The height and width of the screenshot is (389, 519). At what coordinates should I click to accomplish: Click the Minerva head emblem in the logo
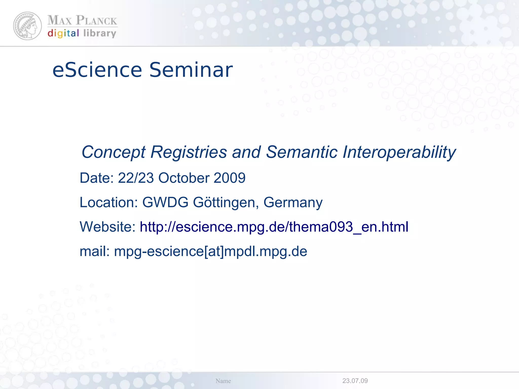point(27,26)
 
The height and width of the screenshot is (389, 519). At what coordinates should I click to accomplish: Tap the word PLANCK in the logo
point(96,20)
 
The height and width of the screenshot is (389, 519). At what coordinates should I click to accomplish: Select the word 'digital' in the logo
point(63,33)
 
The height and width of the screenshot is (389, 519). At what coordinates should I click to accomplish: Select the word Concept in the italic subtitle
point(114,152)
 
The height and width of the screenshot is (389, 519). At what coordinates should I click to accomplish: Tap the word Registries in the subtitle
point(189,152)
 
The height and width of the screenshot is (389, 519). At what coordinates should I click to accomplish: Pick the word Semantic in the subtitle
point(302,152)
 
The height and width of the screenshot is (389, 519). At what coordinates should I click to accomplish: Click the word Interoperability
point(399,152)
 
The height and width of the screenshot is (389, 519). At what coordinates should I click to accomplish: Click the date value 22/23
point(136,178)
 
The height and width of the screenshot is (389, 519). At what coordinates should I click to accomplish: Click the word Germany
point(293,202)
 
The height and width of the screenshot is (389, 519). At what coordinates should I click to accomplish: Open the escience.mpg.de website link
point(274,227)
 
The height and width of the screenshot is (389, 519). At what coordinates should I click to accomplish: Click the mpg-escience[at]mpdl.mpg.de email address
point(211,251)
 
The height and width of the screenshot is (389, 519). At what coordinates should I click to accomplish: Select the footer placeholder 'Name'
point(223,381)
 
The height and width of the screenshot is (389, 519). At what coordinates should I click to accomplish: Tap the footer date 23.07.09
point(355,381)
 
